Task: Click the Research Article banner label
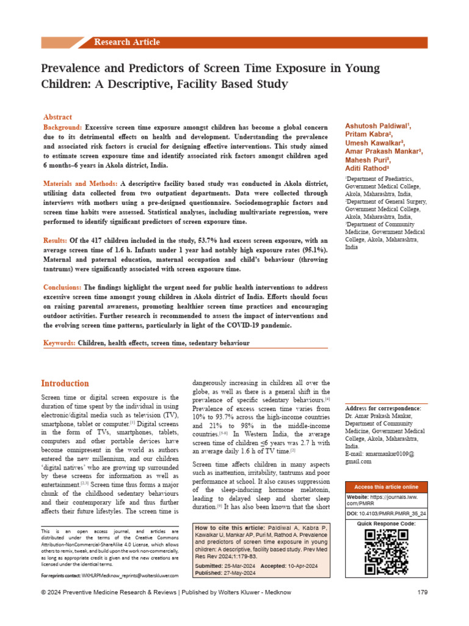click(127, 42)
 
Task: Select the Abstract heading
click(57, 117)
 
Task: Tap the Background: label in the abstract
click(63, 126)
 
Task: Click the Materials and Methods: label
click(81, 183)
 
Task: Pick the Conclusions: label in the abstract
click(63, 287)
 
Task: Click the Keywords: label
click(59, 344)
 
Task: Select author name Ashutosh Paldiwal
click(378, 126)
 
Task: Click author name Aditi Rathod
click(368, 168)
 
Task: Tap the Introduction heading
click(65, 383)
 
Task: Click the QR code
click(386, 551)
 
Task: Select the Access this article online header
click(386, 487)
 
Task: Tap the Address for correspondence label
click(382, 408)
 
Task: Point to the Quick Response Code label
click(386, 524)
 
